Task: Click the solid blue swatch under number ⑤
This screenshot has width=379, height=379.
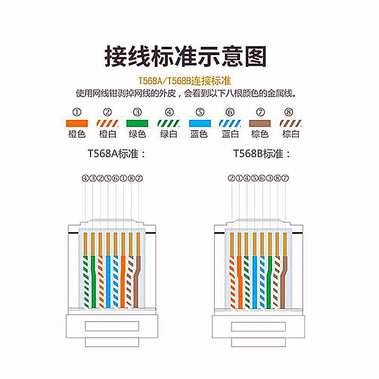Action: point(199,123)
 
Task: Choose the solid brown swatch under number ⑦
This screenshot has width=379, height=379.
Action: point(260,123)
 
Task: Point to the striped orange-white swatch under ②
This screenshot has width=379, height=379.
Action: point(107,123)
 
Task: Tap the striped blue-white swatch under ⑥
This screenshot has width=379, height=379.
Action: point(230,123)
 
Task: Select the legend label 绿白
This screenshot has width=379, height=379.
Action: point(169,134)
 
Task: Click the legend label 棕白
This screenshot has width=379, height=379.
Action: point(290,134)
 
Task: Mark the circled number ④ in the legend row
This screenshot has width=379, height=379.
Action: point(169,112)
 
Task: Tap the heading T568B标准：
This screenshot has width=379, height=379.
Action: point(262,154)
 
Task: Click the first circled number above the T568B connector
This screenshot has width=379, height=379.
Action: point(231,179)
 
